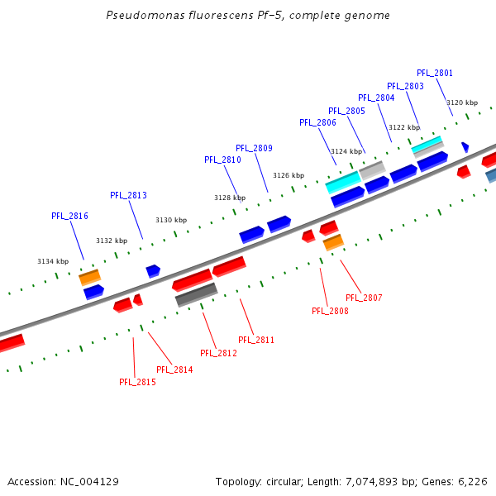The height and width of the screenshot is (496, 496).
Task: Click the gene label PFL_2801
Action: [435, 74]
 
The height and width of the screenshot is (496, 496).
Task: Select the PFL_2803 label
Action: [405, 86]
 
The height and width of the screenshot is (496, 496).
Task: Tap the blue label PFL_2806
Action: [317, 122]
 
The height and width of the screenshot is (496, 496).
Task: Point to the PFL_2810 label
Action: [222, 160]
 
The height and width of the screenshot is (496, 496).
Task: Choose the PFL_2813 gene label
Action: [128, 195]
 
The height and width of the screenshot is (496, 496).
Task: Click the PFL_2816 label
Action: [69, 216]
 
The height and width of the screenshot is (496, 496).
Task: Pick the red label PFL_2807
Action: [364, 298]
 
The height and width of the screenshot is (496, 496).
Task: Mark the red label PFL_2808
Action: [330, 311]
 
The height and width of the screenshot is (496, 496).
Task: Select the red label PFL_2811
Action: [256, 340]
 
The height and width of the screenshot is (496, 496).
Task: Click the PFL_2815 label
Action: [137, 382]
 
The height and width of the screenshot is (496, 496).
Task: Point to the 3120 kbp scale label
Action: [463, 103]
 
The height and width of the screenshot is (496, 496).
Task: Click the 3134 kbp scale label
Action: [53, 261]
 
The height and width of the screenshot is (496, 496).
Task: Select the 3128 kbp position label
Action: [230, 198]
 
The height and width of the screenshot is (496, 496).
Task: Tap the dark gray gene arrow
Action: [196, 294]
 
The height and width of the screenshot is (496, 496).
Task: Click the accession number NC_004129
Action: [89, 481]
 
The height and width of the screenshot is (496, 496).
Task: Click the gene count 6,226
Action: [472, 481]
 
